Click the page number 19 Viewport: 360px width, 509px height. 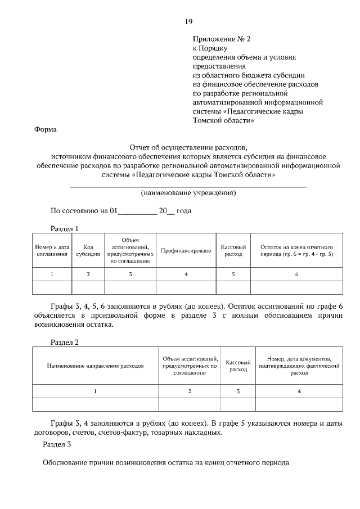[x=188, y=21]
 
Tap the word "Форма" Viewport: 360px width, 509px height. [x=46, y=129]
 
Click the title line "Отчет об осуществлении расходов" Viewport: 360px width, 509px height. [x=188, y=147]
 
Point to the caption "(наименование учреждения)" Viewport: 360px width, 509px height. [x=188, y=193]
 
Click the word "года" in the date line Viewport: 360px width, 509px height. [x=184, y=211]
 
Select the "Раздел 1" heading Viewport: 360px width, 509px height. [x=64, y=229]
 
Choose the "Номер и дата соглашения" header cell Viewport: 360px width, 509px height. [x=52, y=250]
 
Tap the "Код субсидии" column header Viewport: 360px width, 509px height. [x=88, y=250]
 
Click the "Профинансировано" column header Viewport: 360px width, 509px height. [x=186, y=250]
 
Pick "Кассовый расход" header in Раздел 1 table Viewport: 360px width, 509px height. [x=233, y=250]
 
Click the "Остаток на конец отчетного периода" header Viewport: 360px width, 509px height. [x=296, y=250]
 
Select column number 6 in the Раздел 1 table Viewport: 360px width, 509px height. [x=296, y=274]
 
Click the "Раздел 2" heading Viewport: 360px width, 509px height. [x=64, y=342]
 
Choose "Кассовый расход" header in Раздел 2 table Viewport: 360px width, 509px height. [x=237, y=366]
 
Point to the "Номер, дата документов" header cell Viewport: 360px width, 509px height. [x=299, y=366]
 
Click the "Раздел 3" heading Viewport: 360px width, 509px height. [x=57, y=444]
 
